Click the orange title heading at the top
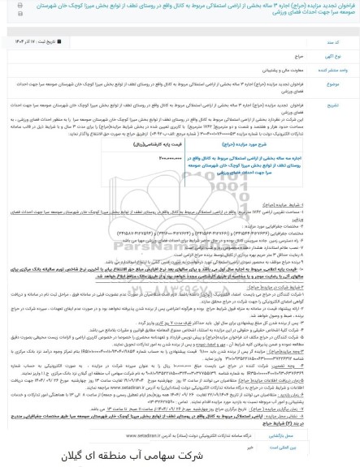180,12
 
